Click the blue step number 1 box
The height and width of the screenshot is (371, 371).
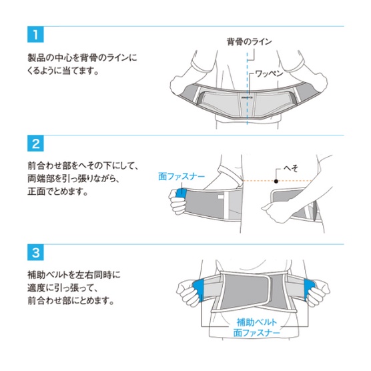pyautogui.click(x=35, y=35)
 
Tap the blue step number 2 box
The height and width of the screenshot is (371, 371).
pyautogui.click(x=35, y=143)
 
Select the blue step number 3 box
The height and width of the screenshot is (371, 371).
pyautogui.click(x=35, y=252)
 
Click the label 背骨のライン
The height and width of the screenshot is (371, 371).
pyautogui.click(x=249, y=41)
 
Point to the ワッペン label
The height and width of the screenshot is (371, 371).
pyautogui.click(x=270, y=73)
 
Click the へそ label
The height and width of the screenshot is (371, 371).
pyautogui.click(x=291, y=168)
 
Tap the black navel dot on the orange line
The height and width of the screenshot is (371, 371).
pyautogui.click(x=276, y=181)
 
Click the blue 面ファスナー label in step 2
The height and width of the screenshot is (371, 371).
pyautogui.click(x=181, y=177)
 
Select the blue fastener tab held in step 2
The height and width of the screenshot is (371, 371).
pyautogui.click(x=181, y=194)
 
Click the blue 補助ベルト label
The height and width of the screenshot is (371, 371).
pyautogui.click(x=257, y=322)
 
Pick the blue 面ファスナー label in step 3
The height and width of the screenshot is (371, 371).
pyautogui.click(x=257, y=333)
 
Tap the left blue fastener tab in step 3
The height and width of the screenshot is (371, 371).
pyautogui.click(x=198, y=289)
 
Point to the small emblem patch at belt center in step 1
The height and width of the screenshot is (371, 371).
pyautogui.click(x=248, y=97)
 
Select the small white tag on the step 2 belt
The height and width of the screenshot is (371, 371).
pyautogui.click(x=221, y=197)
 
